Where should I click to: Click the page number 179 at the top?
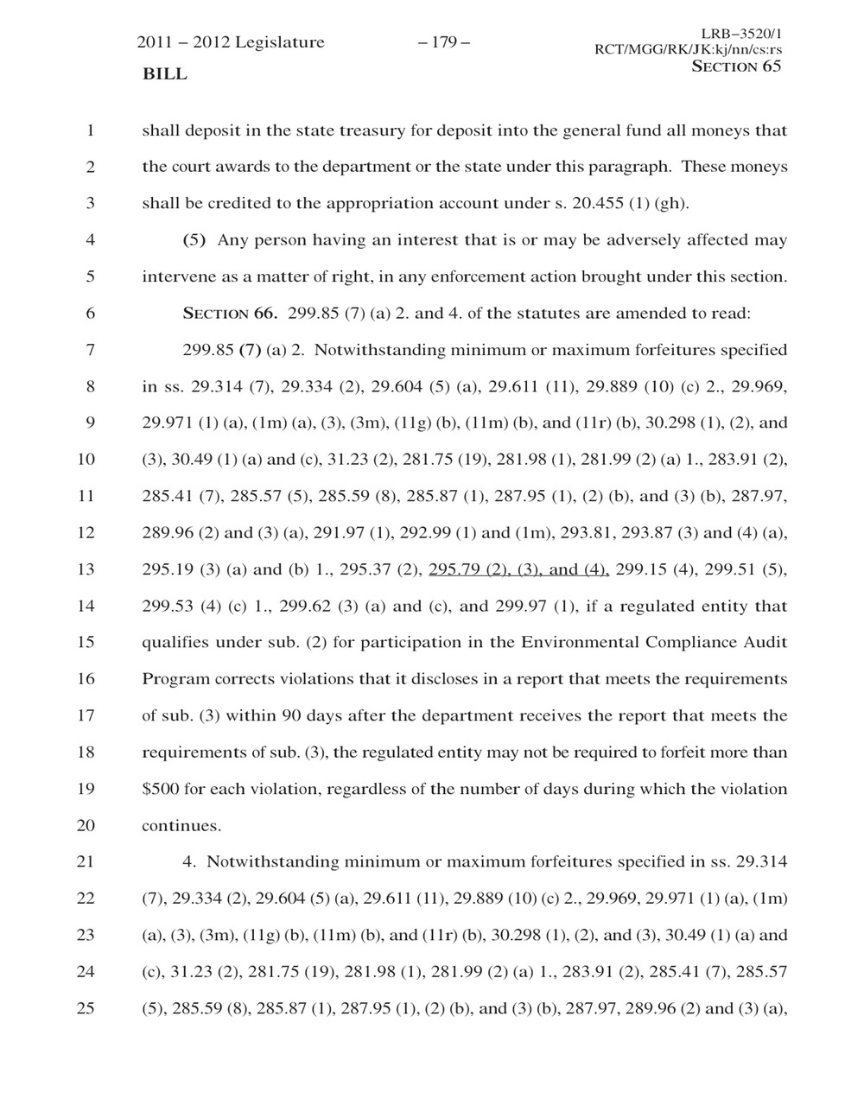tap(443, 42)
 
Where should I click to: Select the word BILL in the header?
tap(164, 74)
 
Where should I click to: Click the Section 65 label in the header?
tap(736, 67)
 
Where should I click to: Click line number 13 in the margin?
tap(85, 569)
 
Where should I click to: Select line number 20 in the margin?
tap(85, 825)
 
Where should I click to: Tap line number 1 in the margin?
tap(88, 131)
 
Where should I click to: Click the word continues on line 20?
tap(181, 826)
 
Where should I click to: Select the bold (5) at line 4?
tap(194, 240)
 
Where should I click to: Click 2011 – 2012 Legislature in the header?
tap(231, 42)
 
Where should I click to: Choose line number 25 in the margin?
tap(85, 1008)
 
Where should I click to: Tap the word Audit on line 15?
tap(767, 643)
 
